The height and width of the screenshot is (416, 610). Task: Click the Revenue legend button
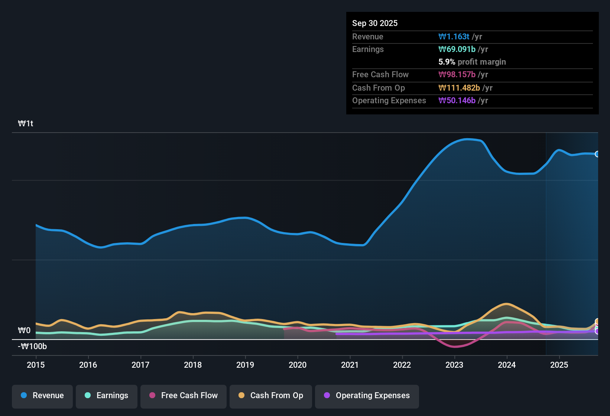(x=42, y=396)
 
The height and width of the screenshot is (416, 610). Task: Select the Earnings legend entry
(x=106, y=396)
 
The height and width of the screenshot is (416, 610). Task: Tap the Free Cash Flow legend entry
(x=184, y=396)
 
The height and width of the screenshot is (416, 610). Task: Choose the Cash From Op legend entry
(x=271, y=396)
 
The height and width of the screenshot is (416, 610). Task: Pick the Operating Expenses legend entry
(x=367, y=396)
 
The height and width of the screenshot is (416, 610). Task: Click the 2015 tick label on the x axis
(x=36, y=365)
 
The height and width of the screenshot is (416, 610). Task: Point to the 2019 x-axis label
(x=245, y=365)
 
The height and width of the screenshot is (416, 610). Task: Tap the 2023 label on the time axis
(x=454, y=365)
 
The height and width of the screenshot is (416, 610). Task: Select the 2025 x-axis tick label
(x=559, y=365)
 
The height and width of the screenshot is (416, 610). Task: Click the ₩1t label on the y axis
(x=26, y=124)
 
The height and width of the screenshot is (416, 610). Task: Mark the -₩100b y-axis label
(x=32, y=347)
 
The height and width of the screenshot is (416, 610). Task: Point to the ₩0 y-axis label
(x=24, y=331)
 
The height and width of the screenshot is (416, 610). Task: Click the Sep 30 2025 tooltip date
(x=375, y=23)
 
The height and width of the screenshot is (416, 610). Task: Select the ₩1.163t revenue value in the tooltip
(x=454, y=37)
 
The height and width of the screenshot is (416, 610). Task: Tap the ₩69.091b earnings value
(x=457, y=49)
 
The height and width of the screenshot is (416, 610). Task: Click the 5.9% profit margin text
(x=472, y=62)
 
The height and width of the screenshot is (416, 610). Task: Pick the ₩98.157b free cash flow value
(x=457, y=75)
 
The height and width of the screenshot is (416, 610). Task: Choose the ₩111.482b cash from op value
(x=459, y=88)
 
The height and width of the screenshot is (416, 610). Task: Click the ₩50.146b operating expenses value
(x=457, y=101)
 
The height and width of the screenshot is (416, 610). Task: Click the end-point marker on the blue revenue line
(x=597, y=154)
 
